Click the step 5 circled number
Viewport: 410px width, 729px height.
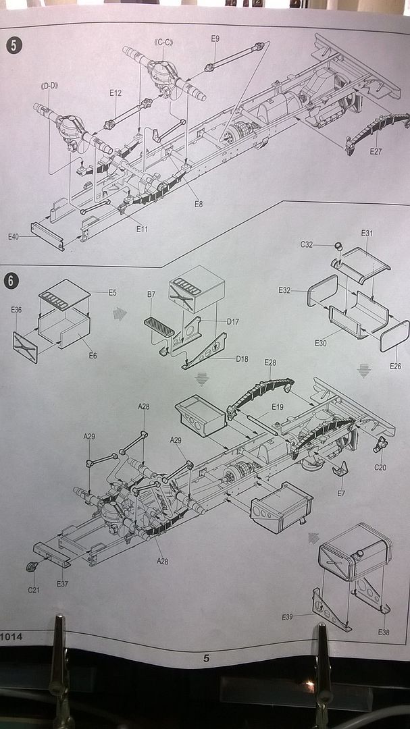[14, 46]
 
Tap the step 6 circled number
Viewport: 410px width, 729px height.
[13, 279]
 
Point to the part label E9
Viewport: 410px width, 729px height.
[215, 39]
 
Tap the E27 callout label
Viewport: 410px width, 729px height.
[376, 151]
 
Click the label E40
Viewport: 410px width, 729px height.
[14, 237]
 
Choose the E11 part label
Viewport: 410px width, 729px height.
[142, 229]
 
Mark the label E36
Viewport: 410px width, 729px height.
[17, 310]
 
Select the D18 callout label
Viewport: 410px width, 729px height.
[242, 358]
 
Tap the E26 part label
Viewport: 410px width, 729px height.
[395, 366]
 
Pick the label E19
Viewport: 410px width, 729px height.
[277, 406]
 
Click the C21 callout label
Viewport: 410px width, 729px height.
[33, 589]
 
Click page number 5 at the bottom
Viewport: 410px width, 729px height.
[206, 659]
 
